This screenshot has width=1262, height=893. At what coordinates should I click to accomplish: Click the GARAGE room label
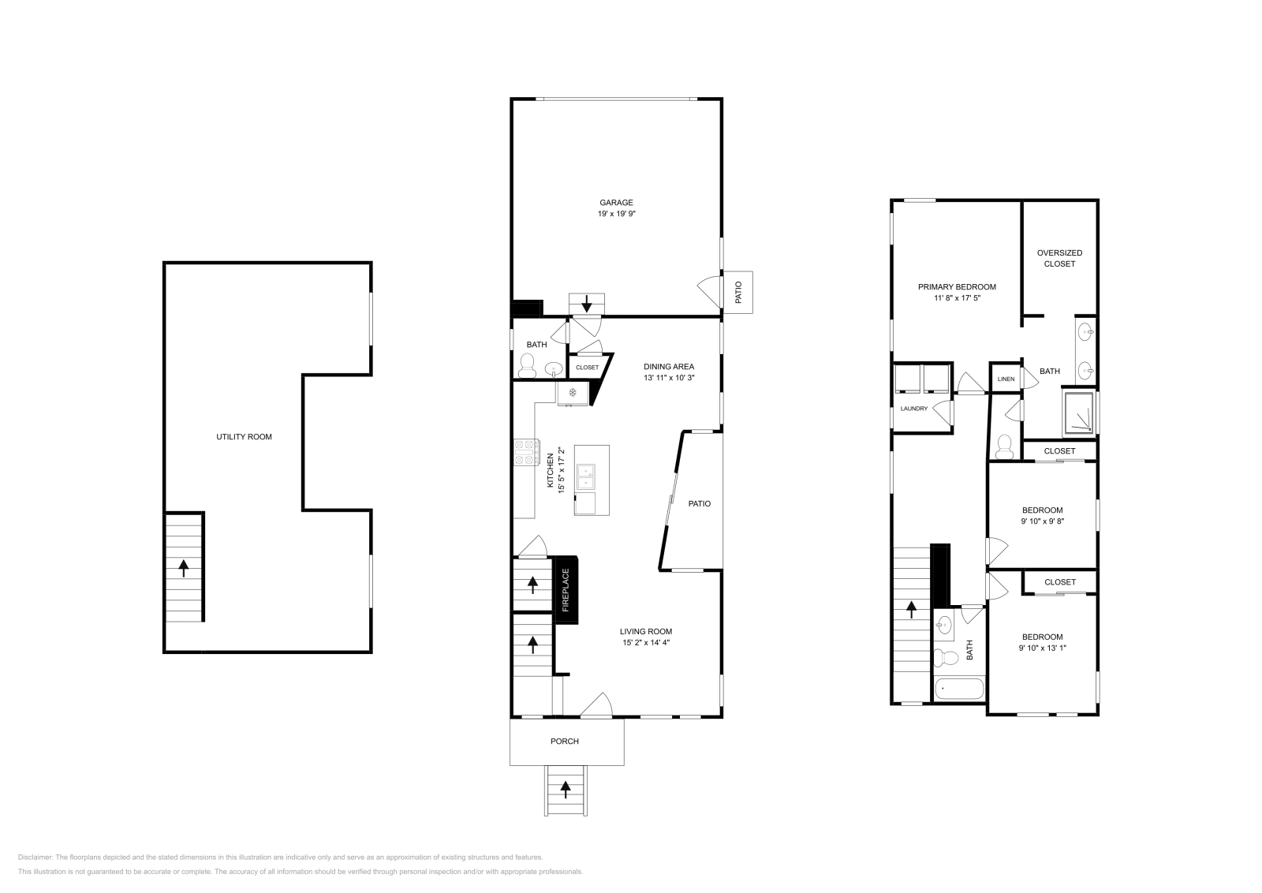pyautogui.click(x=616, y=203)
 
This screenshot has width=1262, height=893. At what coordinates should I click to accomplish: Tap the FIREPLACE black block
pyautogui.click(x=566, y=591)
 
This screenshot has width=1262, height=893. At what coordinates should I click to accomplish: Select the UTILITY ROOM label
pyautogui.click(x=244, y=436)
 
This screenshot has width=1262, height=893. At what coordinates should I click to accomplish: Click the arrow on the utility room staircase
pyautogui.click(x=185, y=566)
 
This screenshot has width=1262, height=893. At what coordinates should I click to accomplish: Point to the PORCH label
pyautogui.click(x=564, y=742)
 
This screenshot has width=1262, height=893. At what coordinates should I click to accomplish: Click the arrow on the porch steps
pyautogui.click(x=566, y=787)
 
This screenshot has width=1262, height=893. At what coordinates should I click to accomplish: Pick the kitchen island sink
pyautogui.click(x=586, y=476)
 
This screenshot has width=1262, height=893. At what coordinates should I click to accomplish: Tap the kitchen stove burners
pyautogui.click(x=525, y=452)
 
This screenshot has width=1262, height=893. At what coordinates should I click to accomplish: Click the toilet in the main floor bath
pyautogui.click(x=528, y=365)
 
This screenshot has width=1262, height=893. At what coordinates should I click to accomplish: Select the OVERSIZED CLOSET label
pyautogui.click(x=1059, y=258)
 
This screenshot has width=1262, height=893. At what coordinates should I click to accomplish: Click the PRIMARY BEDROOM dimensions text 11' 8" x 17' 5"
pyautogui.click(x=957, y=298)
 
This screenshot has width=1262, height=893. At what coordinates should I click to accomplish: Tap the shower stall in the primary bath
pyautogui.click(x=1078, y=413)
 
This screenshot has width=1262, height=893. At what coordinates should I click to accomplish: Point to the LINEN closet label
pyautogui.click(x=1006, y=379)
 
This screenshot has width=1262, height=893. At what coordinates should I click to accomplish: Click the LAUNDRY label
pyautogui.click(x=914, y=409)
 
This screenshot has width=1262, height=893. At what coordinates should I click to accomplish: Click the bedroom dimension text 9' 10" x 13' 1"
pyautogui.click(x=1042, y=648)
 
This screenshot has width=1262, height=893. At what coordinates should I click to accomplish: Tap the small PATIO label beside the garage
pyautogui.click(x=738, y=293)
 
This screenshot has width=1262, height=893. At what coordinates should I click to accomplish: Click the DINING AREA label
pyautogui.click(x=669, y=366)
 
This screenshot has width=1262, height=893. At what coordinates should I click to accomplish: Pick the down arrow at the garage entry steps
pyautogui.click(x=586, y=304)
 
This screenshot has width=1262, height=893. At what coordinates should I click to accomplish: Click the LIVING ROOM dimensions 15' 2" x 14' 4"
pyautogui.click(x=645, y=642)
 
